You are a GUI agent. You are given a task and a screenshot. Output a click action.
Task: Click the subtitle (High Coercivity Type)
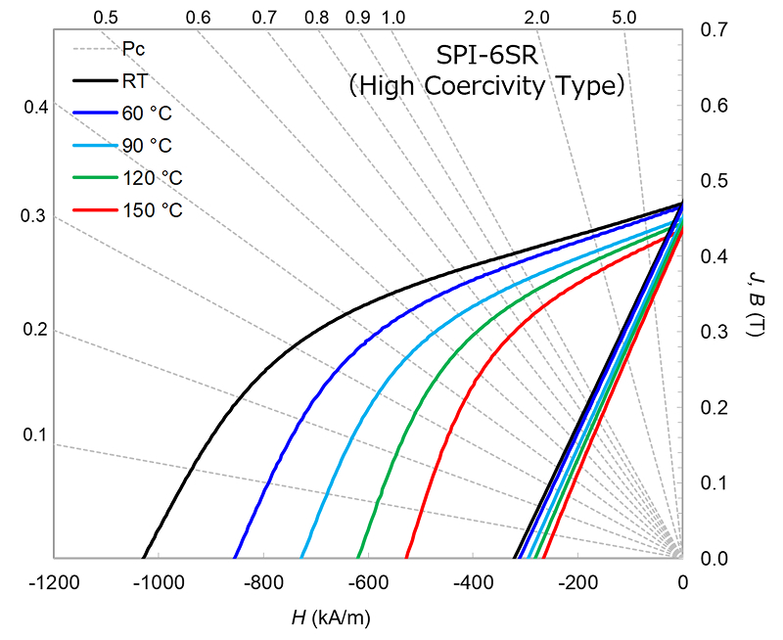pos(486,86)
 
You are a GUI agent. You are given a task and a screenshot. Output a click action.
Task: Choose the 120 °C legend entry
pos(152,177)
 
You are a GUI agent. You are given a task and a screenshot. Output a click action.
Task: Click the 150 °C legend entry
pos(152,209)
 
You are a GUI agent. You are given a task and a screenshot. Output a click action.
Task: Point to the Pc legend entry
pos(134,48)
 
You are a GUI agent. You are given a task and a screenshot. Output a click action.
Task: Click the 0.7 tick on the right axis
pos(714,30)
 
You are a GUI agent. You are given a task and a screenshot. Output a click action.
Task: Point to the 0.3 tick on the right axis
pos(714,332)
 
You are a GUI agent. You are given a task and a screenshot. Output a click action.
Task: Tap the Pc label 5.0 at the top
pos(623,18)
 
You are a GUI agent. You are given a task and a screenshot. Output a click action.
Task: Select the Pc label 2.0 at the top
pos(535,18)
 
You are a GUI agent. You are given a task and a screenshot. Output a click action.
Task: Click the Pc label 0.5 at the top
pos(107,18)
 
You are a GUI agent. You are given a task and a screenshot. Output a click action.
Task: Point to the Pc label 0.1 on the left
pos(35,434)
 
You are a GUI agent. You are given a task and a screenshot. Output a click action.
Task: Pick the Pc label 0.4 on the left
pos(35,106)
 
